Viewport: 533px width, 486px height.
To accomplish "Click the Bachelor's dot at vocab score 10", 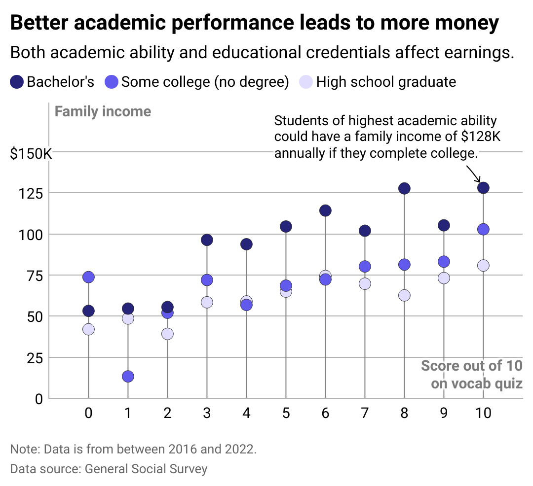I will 483,188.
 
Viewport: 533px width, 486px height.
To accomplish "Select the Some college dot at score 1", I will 128,377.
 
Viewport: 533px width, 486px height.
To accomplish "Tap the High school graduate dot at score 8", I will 404,295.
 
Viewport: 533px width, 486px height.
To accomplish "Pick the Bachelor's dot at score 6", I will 325,210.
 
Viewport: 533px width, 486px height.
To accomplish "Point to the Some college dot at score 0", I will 88,277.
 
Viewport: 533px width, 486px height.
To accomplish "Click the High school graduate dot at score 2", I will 167,334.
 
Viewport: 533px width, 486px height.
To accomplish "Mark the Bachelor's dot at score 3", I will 207,240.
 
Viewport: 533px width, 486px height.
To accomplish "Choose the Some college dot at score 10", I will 483,229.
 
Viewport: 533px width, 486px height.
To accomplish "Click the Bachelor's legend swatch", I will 16,82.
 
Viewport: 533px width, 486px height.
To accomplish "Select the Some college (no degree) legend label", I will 205,82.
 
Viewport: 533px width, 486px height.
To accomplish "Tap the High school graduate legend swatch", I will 306,82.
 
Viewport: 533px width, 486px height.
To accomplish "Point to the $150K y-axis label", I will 31,154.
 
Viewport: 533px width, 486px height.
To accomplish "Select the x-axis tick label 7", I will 365,413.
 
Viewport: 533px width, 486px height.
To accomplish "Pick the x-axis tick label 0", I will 88,413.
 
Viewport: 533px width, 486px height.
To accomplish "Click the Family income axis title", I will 103,111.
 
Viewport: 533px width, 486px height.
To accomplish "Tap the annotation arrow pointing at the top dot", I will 473,173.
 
